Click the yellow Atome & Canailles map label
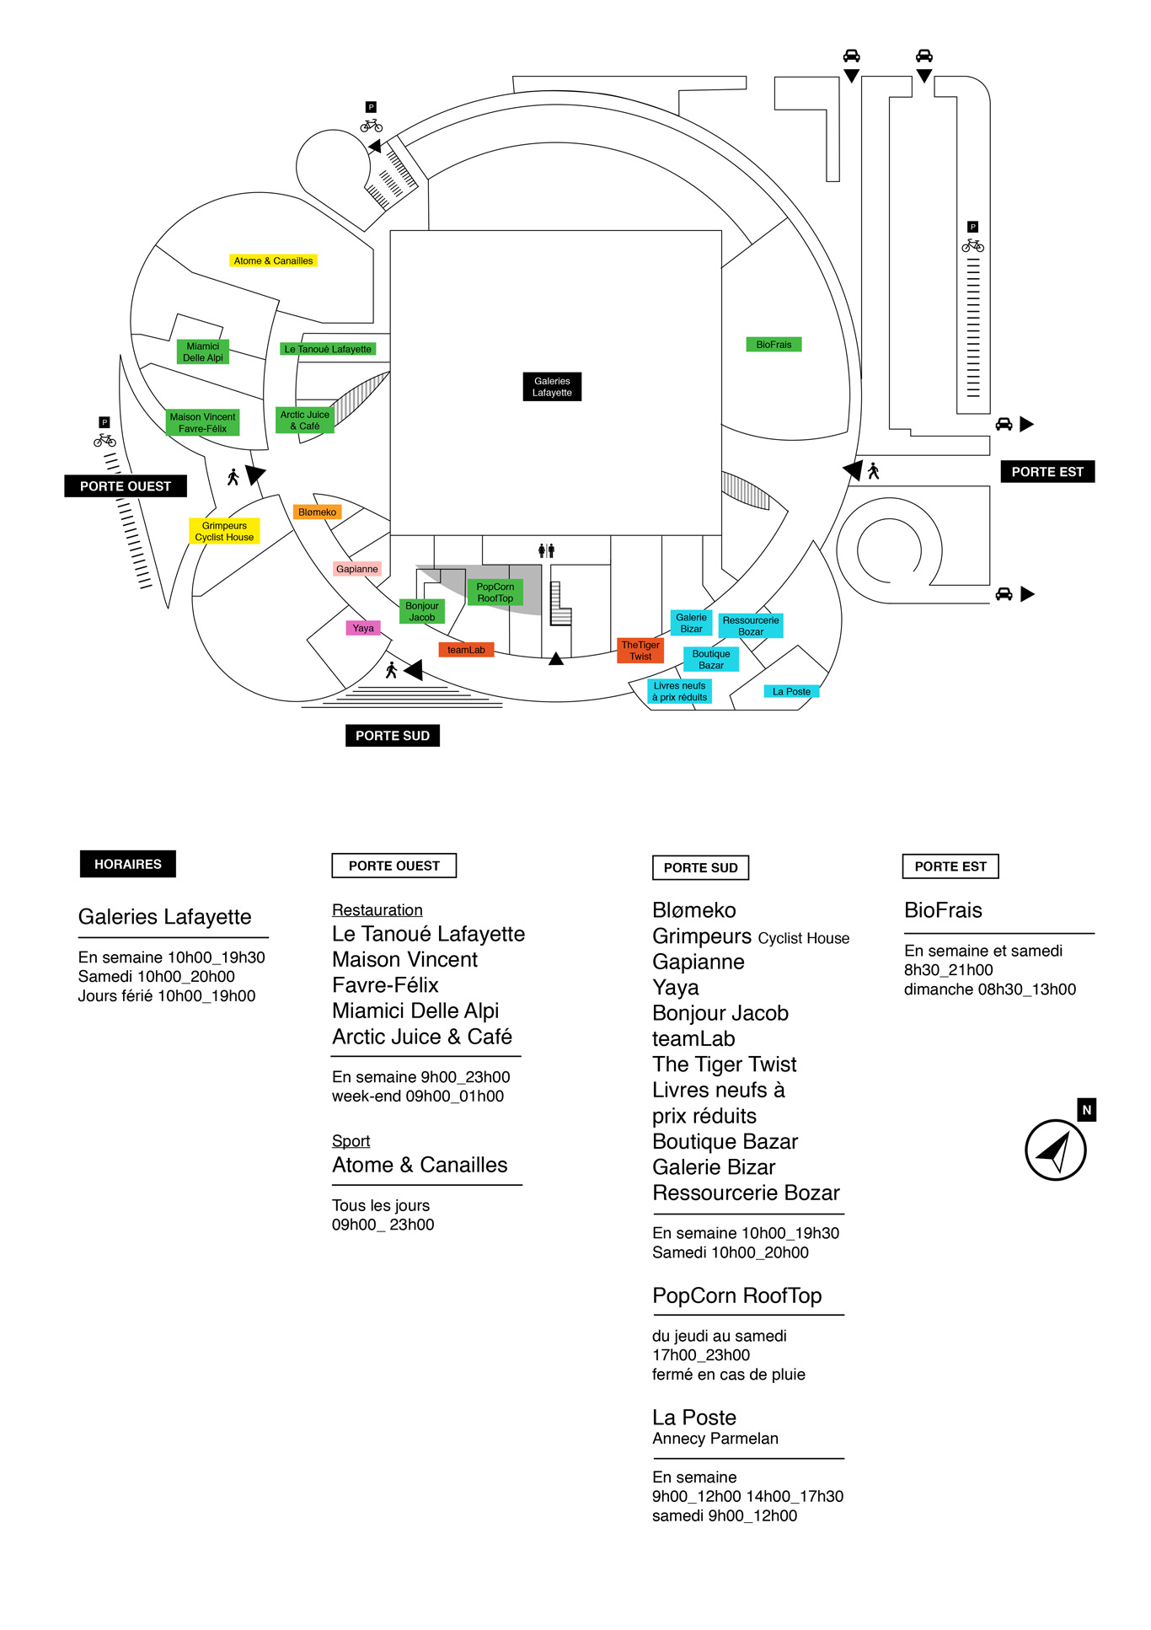click(273, 260)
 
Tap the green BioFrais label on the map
click(774, 344)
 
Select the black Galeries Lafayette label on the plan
click(552, 386)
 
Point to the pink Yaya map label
click(363, 628)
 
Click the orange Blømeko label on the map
click(317, 512)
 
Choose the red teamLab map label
click(466, 649)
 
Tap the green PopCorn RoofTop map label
click(495, 592)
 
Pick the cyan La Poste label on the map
click(791, 691)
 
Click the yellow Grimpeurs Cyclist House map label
click(224, 531)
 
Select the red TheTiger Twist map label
click(640, 651)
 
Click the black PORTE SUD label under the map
click(393, 736)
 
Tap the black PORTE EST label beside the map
click(1047, 472)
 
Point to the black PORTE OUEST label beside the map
click(126, 486)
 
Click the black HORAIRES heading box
click(128, 864)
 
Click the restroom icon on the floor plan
click(546, 550)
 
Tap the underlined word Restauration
click(377, 910)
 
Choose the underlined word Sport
click(351, 1141)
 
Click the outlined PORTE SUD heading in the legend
click(700, 867)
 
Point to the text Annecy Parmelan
click(715, 1439)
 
